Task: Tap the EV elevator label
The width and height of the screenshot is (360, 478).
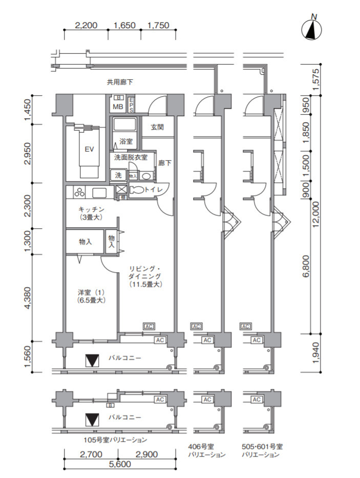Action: coord(89,149)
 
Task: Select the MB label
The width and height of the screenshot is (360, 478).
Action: coord(118,106)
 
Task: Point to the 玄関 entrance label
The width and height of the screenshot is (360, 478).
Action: coord(157,127)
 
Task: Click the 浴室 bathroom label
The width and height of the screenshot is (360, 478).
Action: coord(125,141)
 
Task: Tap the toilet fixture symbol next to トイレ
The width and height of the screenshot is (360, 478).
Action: coord(137,190)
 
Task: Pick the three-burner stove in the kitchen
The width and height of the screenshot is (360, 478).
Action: coord(80,192)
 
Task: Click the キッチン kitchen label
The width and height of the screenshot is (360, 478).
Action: coord(92,209)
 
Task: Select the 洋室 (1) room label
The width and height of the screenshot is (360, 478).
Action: coord(91,292)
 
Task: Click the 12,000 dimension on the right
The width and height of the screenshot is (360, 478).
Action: coord(315,214)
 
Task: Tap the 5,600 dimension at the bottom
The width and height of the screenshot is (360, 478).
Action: coord(120,465)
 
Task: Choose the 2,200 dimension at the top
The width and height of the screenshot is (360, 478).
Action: coord(86,25)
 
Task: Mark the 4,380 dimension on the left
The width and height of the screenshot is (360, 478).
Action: coord(28,298)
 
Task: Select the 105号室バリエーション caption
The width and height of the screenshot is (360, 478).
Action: coord(115,440)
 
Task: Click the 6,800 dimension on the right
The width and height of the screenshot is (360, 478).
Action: coord(306,266)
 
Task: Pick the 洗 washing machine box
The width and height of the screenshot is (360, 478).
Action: coord(118,176)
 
